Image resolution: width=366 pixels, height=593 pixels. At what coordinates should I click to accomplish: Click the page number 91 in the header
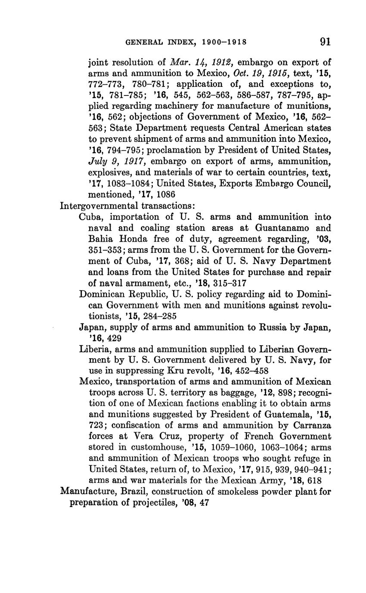coord(325,42)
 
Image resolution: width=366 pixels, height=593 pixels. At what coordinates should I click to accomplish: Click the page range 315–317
coord(230,283)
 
